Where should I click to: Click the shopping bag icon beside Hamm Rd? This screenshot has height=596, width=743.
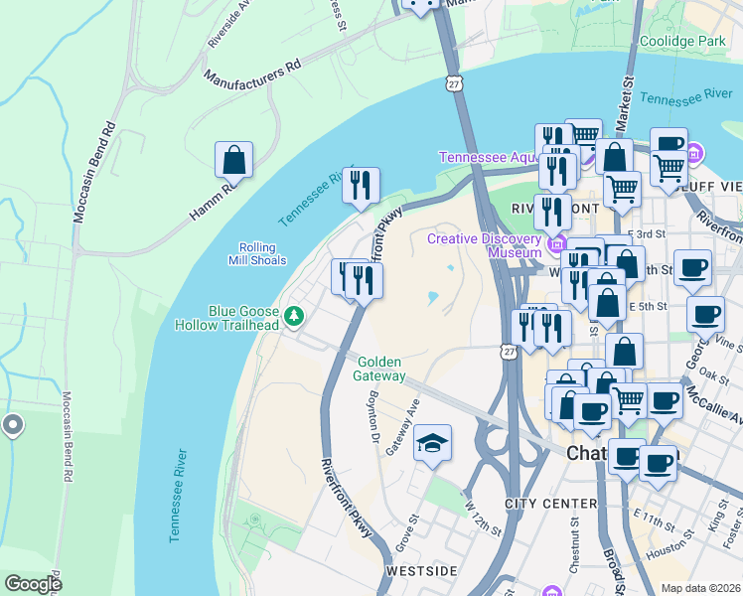point(233,160)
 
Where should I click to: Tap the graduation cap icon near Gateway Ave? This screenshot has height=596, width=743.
point(432,443)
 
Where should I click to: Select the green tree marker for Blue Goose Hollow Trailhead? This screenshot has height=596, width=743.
point(293,317)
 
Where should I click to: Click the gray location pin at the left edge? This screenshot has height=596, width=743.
point(12,425)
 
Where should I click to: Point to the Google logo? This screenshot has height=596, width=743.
point(33,584)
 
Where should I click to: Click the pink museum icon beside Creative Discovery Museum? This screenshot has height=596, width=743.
point(555,243)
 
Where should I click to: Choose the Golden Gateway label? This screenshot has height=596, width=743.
point(380,370)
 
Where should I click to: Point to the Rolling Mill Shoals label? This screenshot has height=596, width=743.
point(262,254)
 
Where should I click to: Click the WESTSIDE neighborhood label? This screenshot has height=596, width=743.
point(421,571)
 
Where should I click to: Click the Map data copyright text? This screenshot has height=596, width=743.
point(700,588)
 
